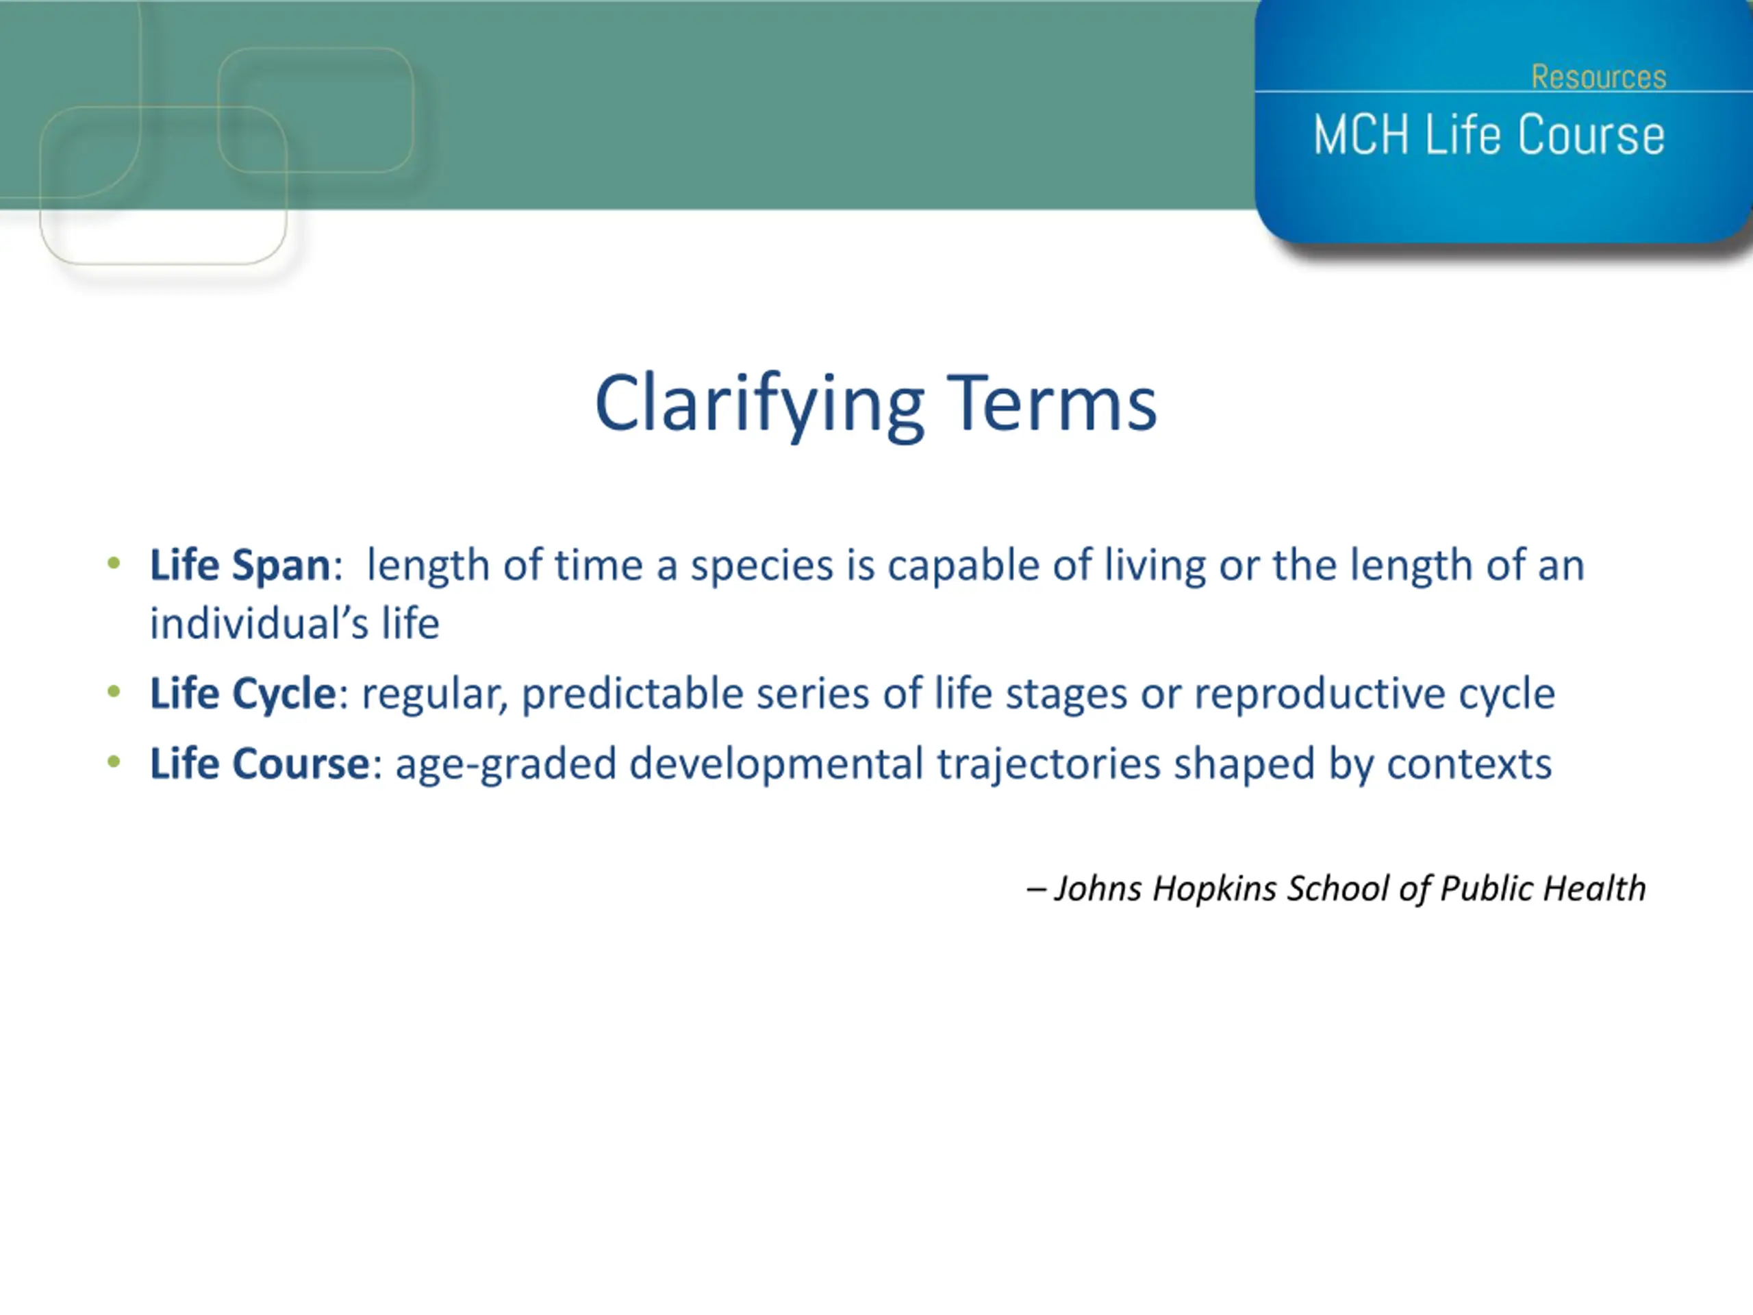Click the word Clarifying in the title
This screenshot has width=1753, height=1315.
coord(760,406)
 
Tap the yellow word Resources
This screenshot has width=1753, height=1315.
coord(1598,77)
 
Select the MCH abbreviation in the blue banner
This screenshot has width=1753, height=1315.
coord(1361,135)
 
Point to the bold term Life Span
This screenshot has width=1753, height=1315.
coord(240,565)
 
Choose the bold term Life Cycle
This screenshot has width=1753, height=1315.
coord(243,694)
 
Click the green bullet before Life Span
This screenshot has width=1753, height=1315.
coord(114,564)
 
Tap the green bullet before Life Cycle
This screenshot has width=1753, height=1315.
coord(114,692)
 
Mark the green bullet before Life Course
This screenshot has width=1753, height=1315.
coord(114,762)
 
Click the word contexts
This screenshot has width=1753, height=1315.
coord(1470,765)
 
